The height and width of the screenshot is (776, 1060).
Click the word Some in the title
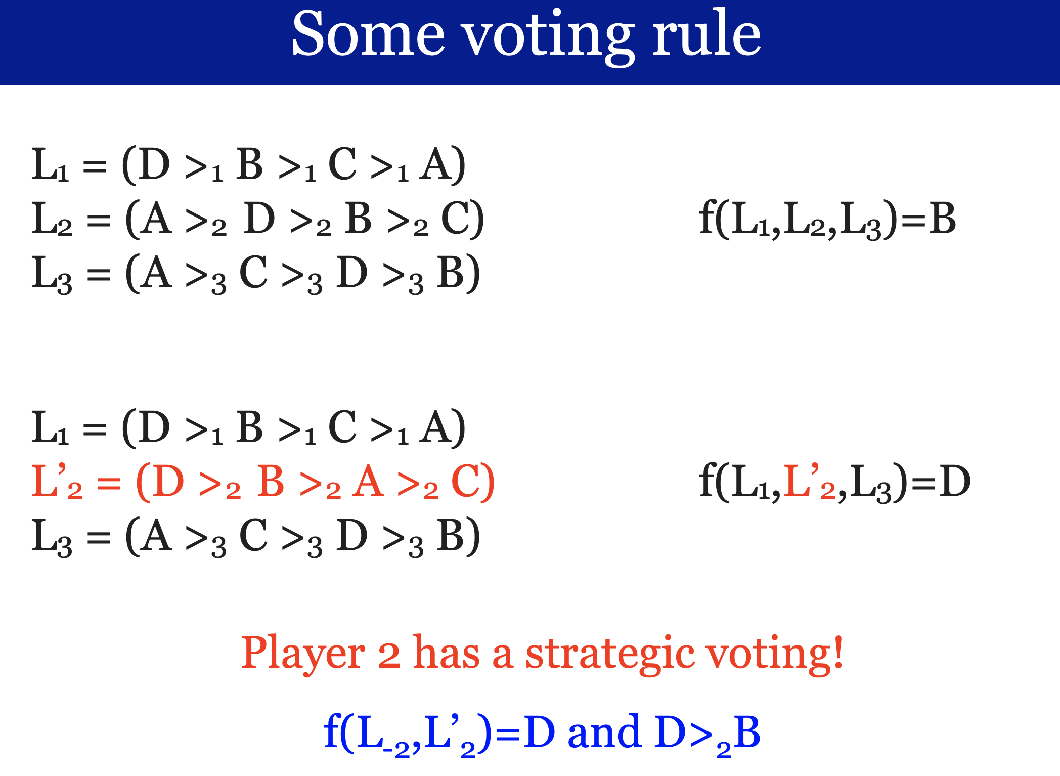point(368,34)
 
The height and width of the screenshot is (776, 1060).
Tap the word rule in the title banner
point(706,34)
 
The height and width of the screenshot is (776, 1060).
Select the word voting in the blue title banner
point(548,38)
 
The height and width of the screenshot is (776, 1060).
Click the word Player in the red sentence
point(303,654)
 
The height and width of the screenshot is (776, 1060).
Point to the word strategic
point(609,656)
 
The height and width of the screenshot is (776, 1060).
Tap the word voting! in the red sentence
point(774,655)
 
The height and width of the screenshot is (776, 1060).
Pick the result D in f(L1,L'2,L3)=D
point(955,482)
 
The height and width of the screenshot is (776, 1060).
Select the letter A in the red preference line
point(368,482)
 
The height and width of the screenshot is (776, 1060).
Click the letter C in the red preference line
point(465,482)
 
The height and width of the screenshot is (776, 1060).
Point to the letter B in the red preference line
point(271,482)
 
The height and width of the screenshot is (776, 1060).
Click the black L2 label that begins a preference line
point(52,219)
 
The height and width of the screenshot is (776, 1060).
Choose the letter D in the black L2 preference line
point(259,219)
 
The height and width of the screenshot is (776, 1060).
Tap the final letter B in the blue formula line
point(747,731)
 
